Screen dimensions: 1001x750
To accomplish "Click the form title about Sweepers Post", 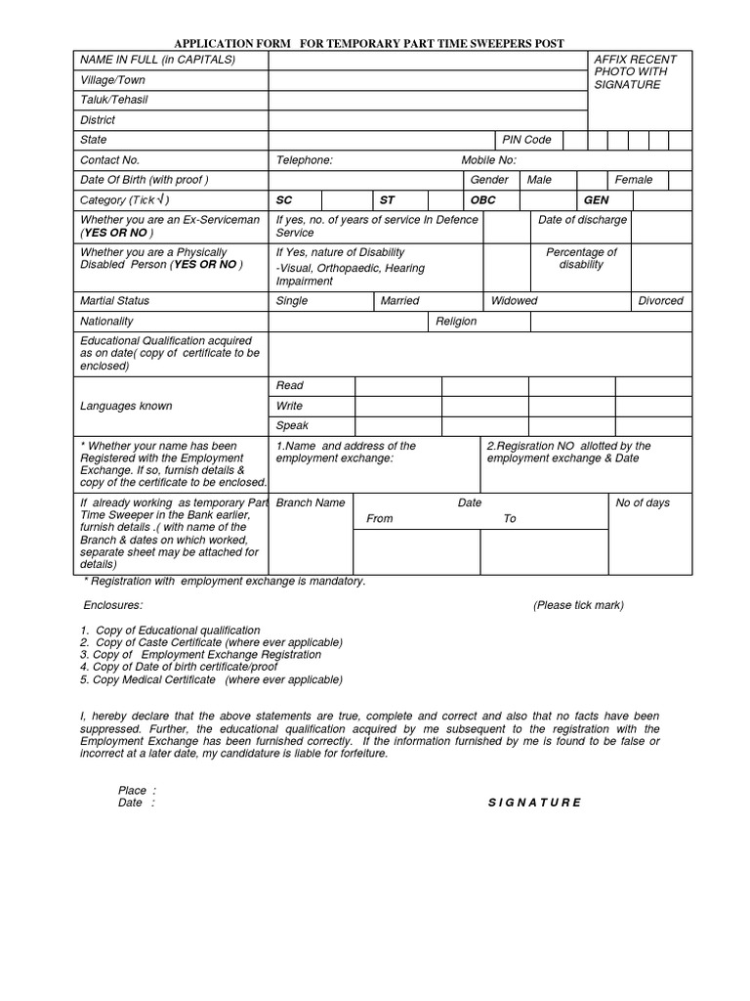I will click(368, 44).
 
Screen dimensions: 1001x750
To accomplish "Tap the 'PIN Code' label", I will click(526, 140).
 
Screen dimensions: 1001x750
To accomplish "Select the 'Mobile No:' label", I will click(488, 160).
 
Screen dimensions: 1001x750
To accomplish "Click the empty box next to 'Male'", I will click(590, 181).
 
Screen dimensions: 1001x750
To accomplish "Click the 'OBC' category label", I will click(483, 200).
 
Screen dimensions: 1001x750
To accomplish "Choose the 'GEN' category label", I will click(596, 200).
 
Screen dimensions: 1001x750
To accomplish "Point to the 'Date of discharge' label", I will click(582, 221).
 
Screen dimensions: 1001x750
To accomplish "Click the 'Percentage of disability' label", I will click(582, 259).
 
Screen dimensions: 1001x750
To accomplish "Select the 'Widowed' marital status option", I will click(514, 301).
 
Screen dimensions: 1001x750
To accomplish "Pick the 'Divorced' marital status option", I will click(660, 301).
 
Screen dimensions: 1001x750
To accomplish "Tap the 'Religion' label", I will click(456, 322).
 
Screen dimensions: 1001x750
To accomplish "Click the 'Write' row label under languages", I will click(289, 406).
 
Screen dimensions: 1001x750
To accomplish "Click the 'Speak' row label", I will click(292, 426).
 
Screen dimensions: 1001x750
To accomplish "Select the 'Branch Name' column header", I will click(311, 503).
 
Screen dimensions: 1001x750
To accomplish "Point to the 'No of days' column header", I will click(643, 503).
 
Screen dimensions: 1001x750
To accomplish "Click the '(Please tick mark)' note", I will click(578, 606).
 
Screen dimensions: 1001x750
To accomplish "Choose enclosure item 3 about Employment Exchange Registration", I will click(201, 655).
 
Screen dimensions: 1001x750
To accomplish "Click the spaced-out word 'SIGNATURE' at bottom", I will click(534, 803).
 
